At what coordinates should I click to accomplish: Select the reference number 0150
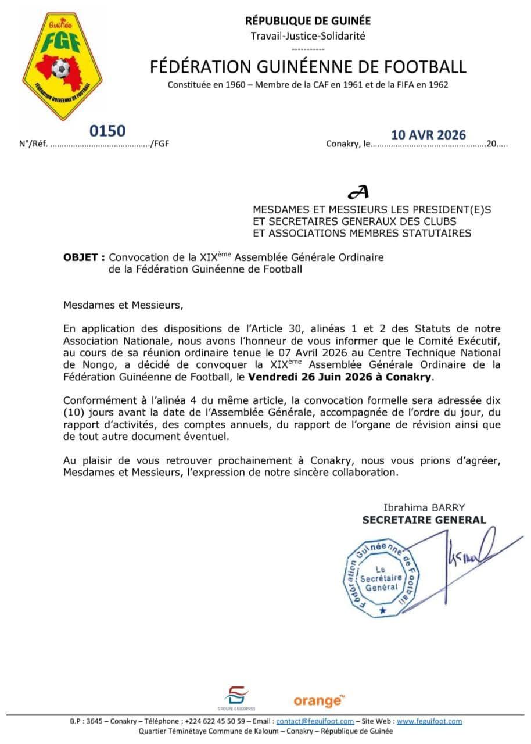click(x=107, y=131)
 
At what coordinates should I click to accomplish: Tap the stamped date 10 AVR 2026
click(x=428, y=135)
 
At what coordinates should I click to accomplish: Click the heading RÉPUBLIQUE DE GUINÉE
click(x=308, y=22)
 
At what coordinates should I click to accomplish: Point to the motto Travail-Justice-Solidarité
click(x=308, y=36)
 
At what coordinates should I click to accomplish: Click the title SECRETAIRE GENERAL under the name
click(x=424, y=520)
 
